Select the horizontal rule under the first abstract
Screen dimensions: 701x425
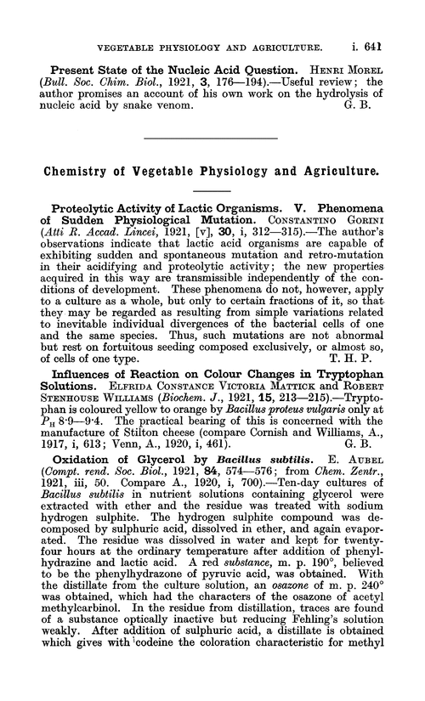tap(212, 137)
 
